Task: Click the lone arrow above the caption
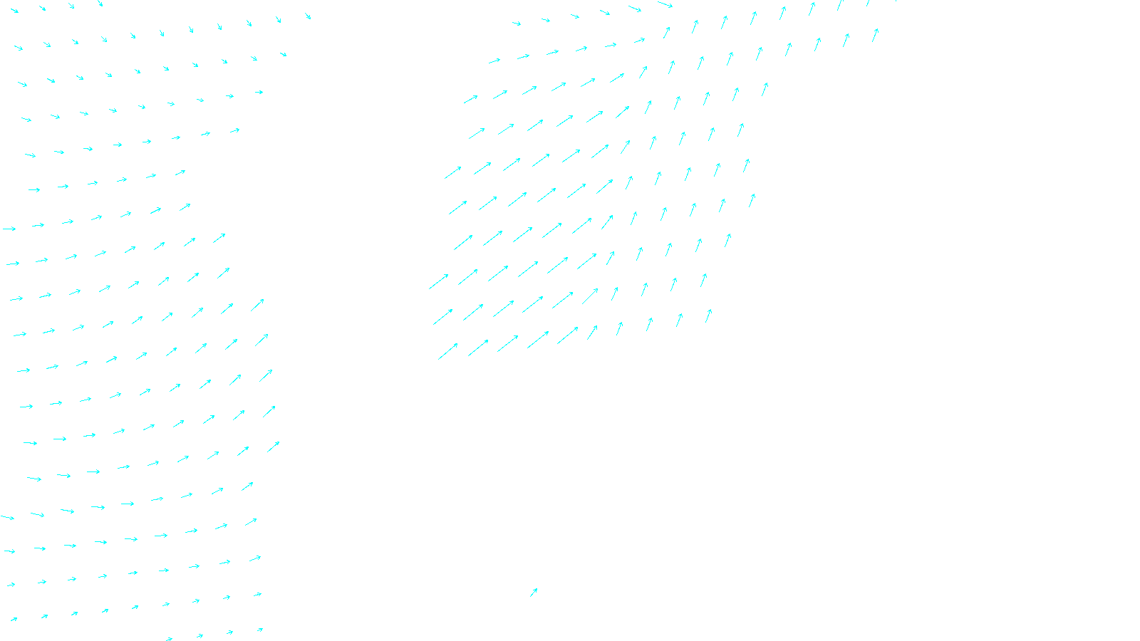tap(534, 592)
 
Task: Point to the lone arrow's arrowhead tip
tap(537, 588)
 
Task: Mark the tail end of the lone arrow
tap(530, 597)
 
